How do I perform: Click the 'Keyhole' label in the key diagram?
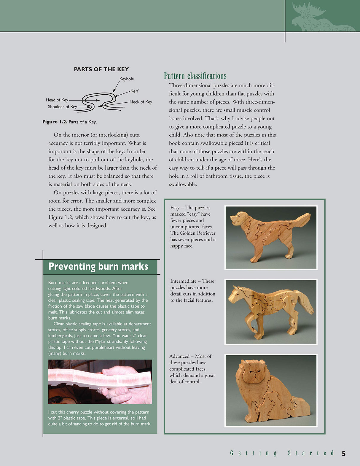pos(127,79)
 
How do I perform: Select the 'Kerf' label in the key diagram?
pos(134,91)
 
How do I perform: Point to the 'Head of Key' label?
pos(57,100)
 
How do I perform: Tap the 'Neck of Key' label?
pos(141,102)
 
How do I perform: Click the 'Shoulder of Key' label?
pos(62,107)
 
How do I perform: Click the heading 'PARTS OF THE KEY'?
pos(101,69)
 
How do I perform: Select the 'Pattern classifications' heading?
pos(195,76)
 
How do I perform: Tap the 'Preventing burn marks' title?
pos(98,266)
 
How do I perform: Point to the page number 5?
pos(344,454)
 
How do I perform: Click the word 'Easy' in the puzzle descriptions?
pos(175,208)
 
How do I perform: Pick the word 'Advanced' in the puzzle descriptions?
pos(179,356)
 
